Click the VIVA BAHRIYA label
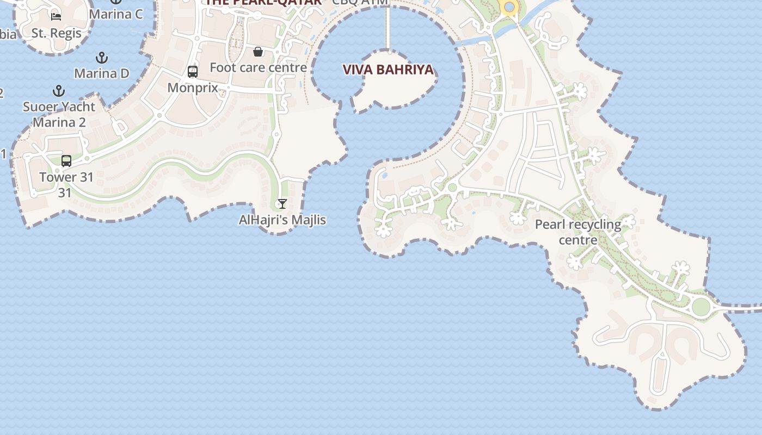coord(388,70)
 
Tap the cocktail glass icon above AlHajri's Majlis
coord(282,204)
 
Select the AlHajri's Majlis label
coord(282,220)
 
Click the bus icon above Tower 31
coord(66,161)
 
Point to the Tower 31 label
coord(66,177)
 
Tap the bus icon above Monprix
coord(193,72)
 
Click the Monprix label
coord(193,88)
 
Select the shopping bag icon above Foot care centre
coord(258,52)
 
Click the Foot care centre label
coord(259,68)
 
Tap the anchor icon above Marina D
coord(102,57)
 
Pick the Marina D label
coord(102,73)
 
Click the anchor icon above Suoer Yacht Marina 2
coord(59,91)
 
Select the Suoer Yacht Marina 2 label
coord(59,114)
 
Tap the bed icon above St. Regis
coord(56,16)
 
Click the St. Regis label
coord(56,33)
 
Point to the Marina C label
coord(116,14)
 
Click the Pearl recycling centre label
coord(578,232)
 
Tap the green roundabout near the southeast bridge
coord(701,307)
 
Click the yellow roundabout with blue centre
coord(509,7)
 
